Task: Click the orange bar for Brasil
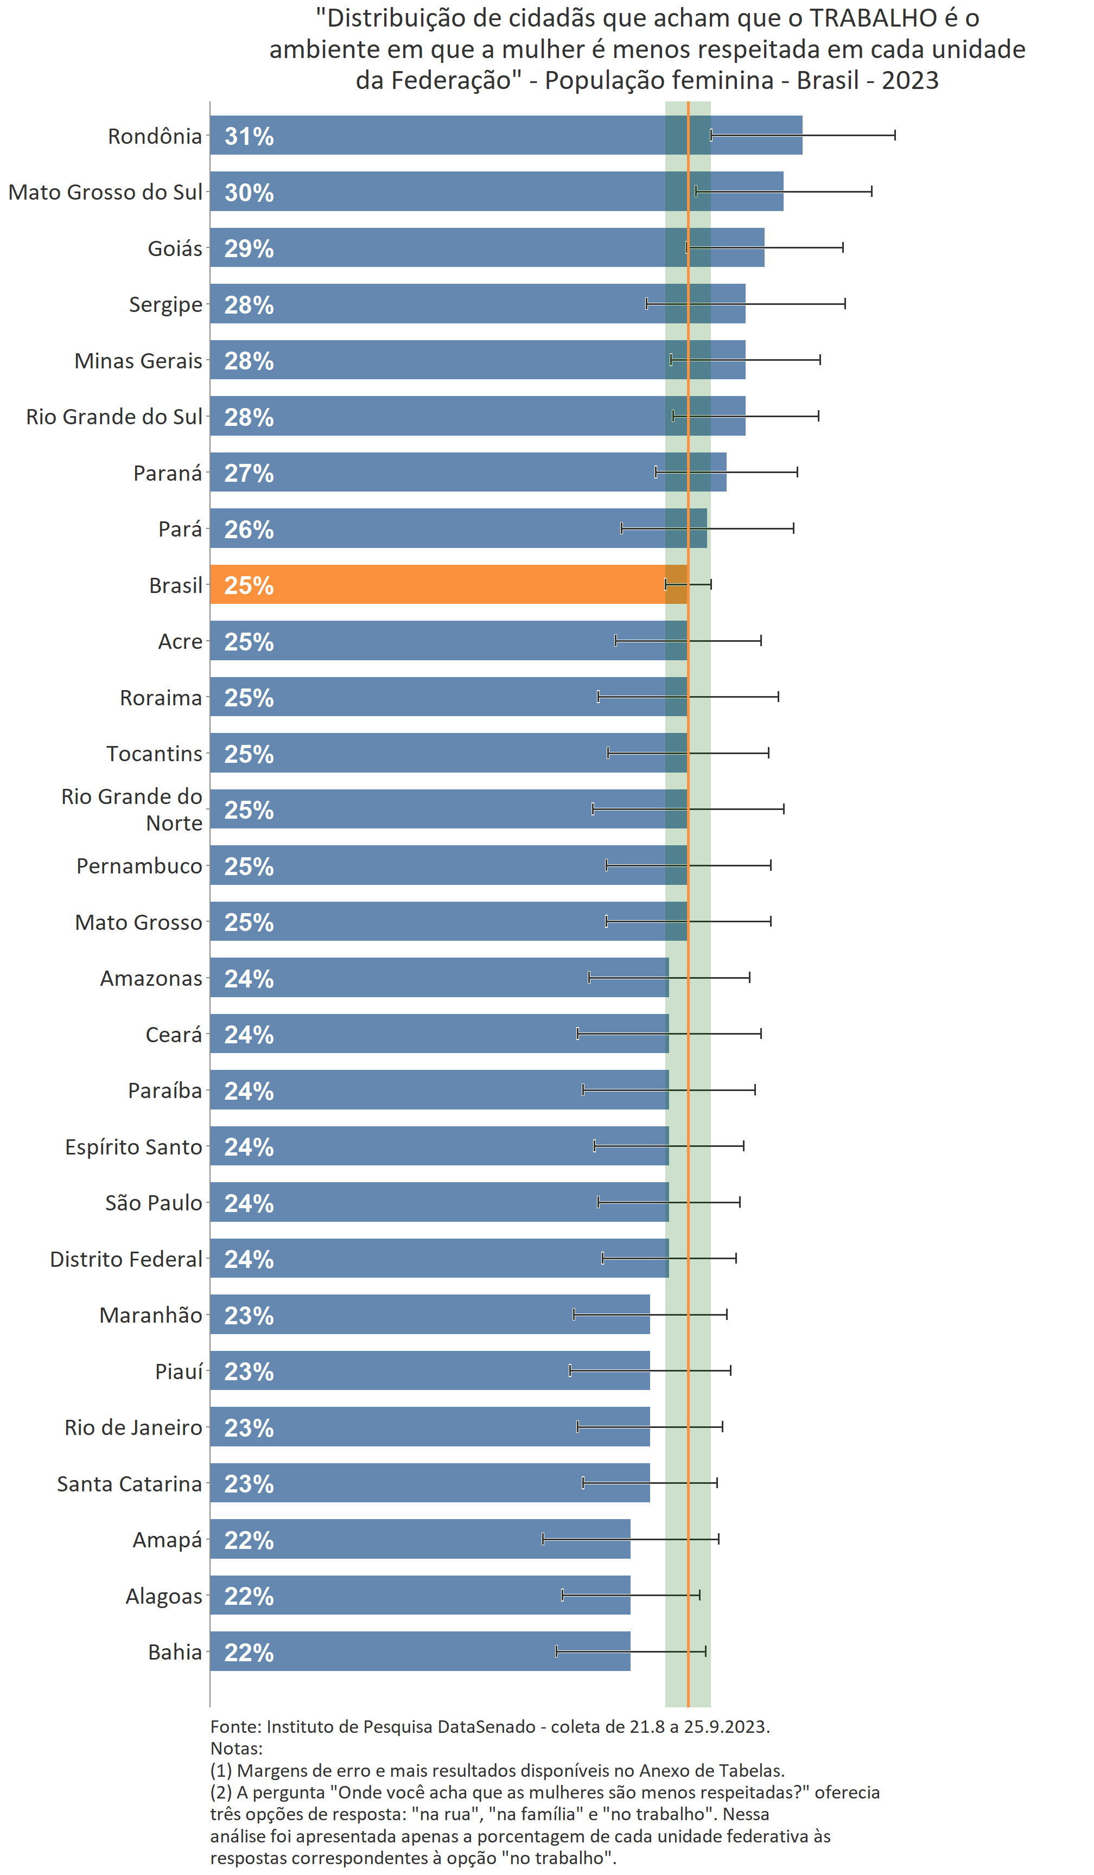(447, 584)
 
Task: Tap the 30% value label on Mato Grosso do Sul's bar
(249, 192)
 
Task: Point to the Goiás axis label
(174, 248)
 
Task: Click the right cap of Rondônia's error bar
(894, 135)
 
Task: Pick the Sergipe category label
(165, 304)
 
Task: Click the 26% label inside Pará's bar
(249, 529)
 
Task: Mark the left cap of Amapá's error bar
(543, 1539)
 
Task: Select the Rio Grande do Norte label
(132, 809)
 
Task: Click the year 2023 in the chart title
(910, 80)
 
